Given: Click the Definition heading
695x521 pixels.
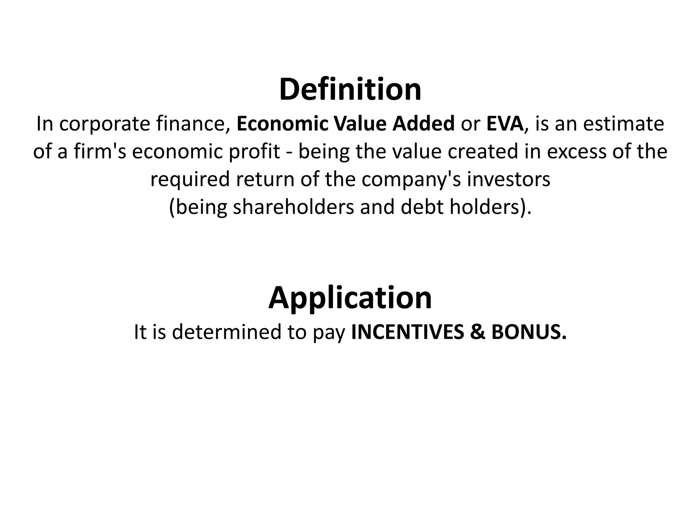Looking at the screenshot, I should pos(350,90).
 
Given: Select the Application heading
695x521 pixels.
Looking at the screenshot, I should pos(350,297).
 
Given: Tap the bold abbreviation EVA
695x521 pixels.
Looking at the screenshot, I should pos(505,124).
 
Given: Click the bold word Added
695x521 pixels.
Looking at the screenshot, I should pos(424,124).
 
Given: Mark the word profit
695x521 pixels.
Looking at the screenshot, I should pos(255,152).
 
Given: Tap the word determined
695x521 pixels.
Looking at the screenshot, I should pos(227,332).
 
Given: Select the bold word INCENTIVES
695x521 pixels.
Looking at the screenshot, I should pos(407,332).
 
